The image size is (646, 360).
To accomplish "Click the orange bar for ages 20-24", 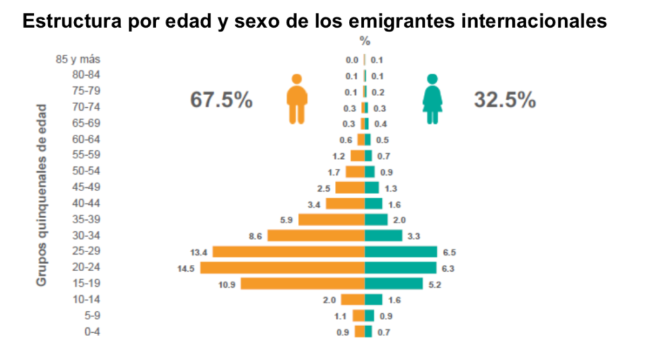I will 283,267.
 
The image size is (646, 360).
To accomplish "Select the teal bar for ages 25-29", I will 401,252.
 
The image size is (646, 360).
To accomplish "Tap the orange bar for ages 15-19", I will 303,284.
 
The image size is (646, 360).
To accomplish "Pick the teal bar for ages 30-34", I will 383,235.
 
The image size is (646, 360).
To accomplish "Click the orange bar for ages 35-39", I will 331,219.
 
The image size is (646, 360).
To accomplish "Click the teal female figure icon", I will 432,99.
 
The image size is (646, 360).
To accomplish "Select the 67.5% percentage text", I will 221,100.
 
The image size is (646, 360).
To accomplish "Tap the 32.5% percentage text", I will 505,100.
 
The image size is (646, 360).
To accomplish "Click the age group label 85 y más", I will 78,60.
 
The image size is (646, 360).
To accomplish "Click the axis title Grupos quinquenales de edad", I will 42,195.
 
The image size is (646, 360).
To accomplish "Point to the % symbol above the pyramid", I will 365,42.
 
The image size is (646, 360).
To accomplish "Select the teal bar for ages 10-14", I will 373,299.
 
